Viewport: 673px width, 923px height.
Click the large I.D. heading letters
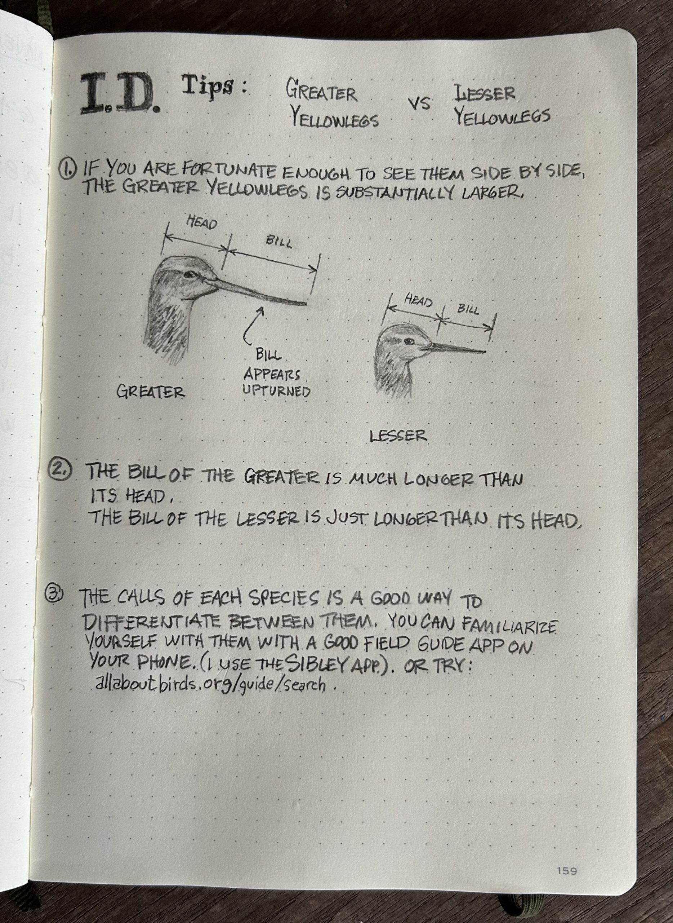[x=120, y=94]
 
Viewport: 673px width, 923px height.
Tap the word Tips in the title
[x=209, y=86]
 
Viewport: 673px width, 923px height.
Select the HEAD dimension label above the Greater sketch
[x=202, y=223]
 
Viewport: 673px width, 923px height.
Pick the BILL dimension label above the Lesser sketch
[x=468, y=309]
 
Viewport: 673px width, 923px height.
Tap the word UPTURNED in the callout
[x=276, y=392]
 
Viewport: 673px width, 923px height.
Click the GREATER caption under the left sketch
[x=150, y=392]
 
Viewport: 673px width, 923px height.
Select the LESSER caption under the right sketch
[x=398, y=436]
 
